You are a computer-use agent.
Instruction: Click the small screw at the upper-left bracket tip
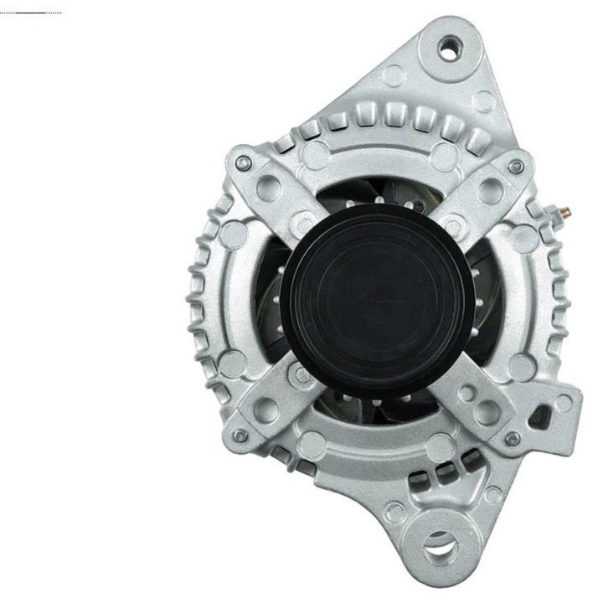244,162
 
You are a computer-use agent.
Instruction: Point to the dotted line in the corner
32,13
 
